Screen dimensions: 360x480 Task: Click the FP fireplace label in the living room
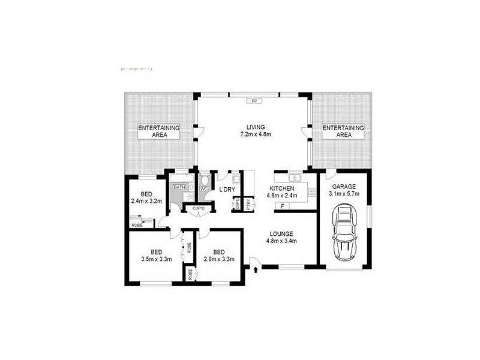[254, 101]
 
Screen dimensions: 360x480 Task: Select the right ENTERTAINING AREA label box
[343, 131]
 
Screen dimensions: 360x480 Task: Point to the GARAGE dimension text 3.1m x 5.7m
[344, 194]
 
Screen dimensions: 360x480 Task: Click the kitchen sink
[293, 178]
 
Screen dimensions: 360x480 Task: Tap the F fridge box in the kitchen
[283, 206]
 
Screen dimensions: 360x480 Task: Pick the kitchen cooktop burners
[311, 192]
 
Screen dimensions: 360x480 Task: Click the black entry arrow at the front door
[257, 270]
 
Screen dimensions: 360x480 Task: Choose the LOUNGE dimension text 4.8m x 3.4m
[281, 241]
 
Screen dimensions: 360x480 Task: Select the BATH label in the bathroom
[179, 188]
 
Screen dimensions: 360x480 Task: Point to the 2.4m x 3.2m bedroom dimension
[146, 202]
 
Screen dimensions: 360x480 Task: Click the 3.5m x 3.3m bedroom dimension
[155, 259]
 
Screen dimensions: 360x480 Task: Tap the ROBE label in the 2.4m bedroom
[137, 224]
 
